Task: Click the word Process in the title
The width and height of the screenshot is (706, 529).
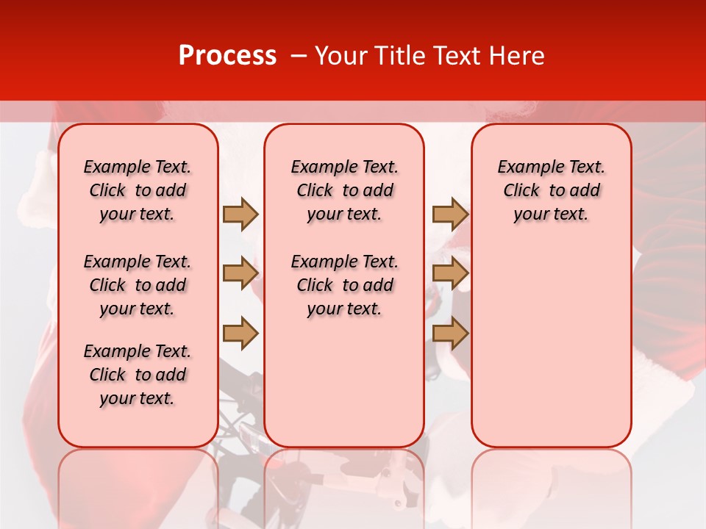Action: (x=227, y=56)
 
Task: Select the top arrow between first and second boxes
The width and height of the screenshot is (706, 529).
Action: (x=240, y=214)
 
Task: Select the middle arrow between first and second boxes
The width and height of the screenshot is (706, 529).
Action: (x=240, y=273)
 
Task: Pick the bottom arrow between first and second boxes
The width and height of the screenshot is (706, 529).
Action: (x=240, y=334)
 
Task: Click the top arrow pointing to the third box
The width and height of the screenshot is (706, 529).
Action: (x=450, y=214)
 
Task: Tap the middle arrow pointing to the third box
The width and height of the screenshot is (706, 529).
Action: (x=450, y=273)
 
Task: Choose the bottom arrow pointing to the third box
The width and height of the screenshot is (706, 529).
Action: (x=450, y=334)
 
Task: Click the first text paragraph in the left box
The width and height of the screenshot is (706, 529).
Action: (x=138, y=190)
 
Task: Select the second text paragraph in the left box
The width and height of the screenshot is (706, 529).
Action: (x=138, y=285)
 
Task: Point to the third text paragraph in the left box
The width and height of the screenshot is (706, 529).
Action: (x=138, y=375)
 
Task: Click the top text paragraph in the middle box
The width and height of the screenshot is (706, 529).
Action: (x=344, y=190)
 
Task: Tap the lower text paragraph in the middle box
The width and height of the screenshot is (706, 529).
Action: (x=344, y=285)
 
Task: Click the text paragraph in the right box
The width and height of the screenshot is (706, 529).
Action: (x=551, y=190)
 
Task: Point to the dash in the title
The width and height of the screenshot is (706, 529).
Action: (x=299, y=57)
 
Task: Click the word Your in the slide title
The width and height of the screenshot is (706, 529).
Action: (x=340, y=56)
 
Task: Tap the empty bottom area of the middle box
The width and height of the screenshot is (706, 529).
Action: (x=344, y=389)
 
